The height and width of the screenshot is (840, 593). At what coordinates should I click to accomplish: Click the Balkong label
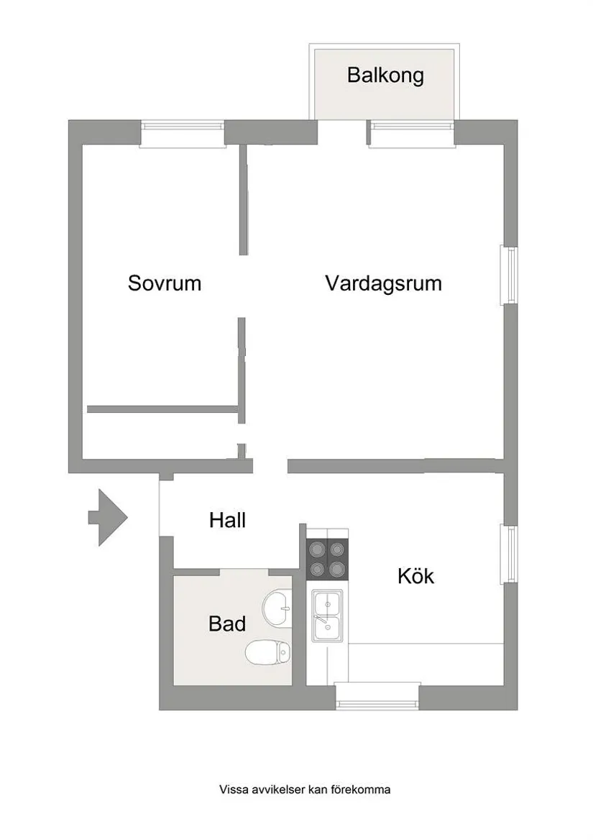tap(385, 76)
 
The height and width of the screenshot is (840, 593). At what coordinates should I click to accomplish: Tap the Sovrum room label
tap(165, 283)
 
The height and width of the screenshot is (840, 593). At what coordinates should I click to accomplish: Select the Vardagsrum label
tap(384, 283)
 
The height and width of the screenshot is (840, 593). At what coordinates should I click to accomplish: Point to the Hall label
tap(227, 520)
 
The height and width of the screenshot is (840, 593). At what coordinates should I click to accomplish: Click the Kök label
tap(416, 576)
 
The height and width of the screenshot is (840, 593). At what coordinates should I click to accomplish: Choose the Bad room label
tap(227, 624)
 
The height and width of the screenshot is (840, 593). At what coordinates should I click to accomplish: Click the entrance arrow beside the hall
tap(108, 518)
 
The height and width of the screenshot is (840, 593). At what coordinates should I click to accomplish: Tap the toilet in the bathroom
tap(267, 652)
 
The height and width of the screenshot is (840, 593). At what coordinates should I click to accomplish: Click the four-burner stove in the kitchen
tap(327, 560)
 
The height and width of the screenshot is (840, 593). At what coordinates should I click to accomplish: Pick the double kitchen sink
tap(328, 615)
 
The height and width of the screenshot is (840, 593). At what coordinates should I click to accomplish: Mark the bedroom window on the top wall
tap(182, 133)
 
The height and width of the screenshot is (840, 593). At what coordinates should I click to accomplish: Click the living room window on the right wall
tap(509, 275)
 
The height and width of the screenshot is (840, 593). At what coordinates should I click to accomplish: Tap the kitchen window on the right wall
tap(509, 554)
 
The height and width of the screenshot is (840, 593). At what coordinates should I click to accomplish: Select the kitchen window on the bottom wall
tap(377, 696)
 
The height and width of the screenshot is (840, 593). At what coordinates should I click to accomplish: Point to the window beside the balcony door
tap(411, 133)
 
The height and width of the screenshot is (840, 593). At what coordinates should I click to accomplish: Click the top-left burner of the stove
tap(316, 549)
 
